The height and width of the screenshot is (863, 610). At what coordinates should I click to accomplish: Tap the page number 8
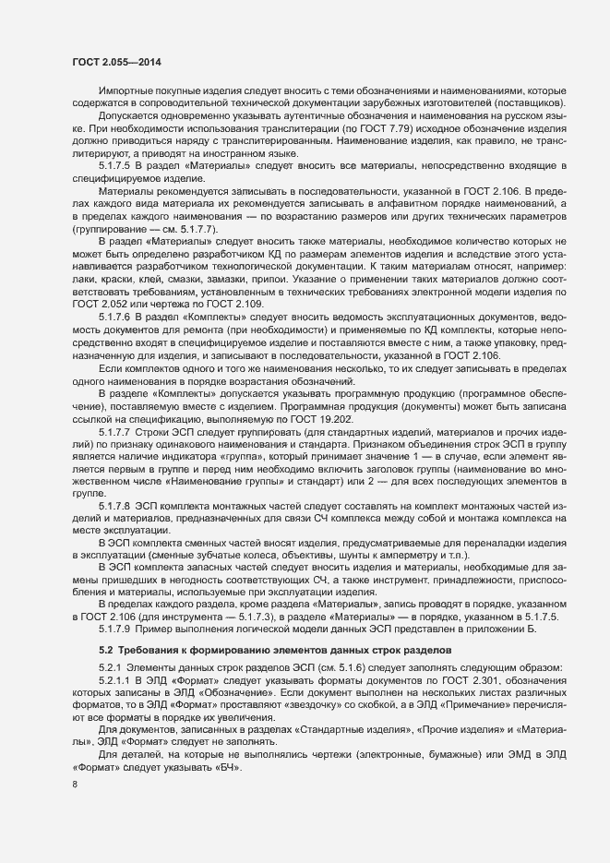74,785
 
